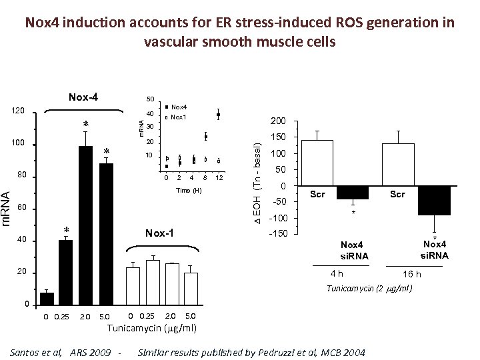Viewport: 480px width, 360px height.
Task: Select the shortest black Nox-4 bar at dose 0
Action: pyautogui.click(x=47, y=298)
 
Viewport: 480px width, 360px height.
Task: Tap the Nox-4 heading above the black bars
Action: pyautogui.click(x=83, y=97)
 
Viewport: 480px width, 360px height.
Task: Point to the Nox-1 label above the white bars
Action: pyautogui.click(x=159, y=233)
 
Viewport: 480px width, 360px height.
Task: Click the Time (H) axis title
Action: pyautogui.click(x=189, y=191)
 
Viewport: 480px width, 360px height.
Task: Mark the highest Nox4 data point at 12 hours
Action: pyautogui.click(x=219, y=115)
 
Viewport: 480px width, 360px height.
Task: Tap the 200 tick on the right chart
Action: pyautogui.click(x=278, y=122)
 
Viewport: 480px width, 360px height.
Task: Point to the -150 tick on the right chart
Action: pyautogui.click(x=278, y=234)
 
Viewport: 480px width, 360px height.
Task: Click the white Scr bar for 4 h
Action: pyautogui.click(x=317, y=163)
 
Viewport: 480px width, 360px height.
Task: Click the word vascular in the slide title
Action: pyautogui.click(x=173, y=41)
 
